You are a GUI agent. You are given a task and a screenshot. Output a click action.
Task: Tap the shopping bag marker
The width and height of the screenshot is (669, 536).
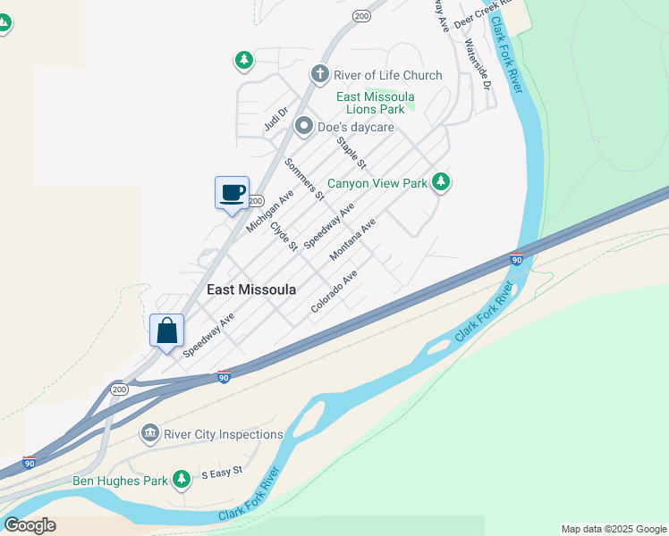click(167, 331)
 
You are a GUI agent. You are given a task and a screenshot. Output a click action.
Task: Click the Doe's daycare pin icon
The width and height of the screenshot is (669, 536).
click(303, 127)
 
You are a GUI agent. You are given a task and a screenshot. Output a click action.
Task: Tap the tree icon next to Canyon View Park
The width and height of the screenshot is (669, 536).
click(440, 183)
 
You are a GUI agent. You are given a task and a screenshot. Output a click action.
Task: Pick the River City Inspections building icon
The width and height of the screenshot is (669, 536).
click(149, 435)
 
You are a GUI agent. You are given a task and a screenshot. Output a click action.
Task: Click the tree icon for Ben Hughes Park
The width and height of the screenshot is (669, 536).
click(182, 481)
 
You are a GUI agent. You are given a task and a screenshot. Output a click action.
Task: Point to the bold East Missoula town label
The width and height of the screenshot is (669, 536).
click(251, 289)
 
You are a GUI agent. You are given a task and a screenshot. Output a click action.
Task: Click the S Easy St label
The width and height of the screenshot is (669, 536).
click(222, 471)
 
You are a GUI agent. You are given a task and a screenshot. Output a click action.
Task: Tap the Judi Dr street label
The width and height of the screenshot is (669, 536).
click(275, 120)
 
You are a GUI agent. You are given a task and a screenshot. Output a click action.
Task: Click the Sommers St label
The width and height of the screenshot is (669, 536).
click(304, 178)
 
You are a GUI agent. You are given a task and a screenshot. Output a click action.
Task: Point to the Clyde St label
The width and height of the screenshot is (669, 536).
click(284, 236)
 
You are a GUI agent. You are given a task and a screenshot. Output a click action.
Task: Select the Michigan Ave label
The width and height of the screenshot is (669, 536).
click(270, 211)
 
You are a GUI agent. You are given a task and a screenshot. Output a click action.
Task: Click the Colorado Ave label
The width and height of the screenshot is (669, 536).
click(334, 290)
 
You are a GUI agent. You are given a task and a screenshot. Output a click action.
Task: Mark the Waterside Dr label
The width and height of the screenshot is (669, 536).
click(478, 65)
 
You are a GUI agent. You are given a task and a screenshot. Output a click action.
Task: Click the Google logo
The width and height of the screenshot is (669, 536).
click(30, 525)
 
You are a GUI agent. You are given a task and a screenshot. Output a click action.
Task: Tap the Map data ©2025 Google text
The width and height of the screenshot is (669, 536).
click(614, 529)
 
